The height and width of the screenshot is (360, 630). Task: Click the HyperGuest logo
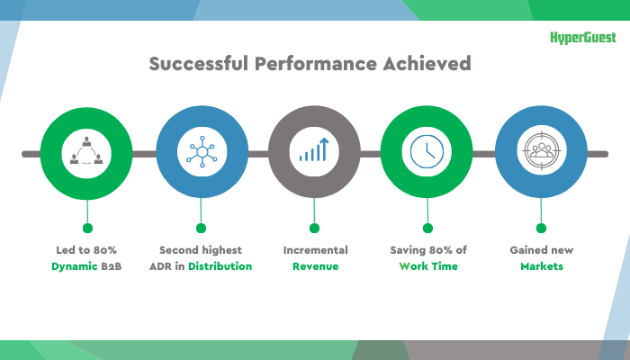click(x=583, y=38)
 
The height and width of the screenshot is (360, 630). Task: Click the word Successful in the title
click(x=199, y=64)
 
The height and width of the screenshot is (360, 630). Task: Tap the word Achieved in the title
click(x=427, y=64)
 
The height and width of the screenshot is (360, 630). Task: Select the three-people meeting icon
click(x=86, y=150)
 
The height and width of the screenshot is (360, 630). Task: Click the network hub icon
click(x=202, y=151)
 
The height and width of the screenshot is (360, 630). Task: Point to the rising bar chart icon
click(x=314, y=149)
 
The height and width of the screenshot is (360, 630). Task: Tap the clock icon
click(x=427, y=151)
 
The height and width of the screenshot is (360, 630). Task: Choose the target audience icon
click(x=541, y=150)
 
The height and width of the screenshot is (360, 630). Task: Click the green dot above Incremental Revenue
click(x=314, y=229)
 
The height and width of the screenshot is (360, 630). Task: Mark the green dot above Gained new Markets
click(x=541, y=229)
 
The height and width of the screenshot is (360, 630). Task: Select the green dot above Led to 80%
click(x=87, y=229)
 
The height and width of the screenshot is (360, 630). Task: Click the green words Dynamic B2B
click(x=86, y=266)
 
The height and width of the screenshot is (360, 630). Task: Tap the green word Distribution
click(x=220, y=266)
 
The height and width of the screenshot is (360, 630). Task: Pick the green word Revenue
click(x=315, y=266)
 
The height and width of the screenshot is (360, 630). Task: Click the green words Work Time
click(x=428, y=266)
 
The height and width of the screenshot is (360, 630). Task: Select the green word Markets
click(x=542, y=266)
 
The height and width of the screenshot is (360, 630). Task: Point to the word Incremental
click(x=315, y=250)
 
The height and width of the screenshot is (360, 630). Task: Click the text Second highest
click(x=201, y=250)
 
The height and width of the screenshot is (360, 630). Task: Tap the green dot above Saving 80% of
click(x=427, y=229)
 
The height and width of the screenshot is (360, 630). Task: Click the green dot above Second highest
click(x=201, y=229)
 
